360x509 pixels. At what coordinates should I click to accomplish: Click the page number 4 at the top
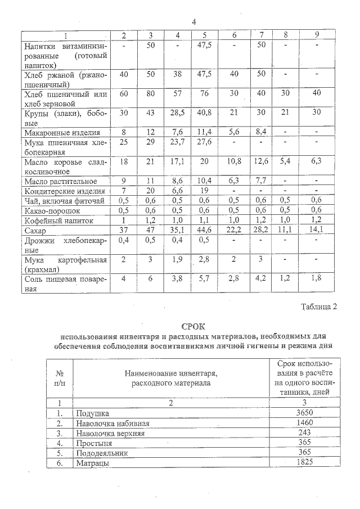click(x=194, y=22)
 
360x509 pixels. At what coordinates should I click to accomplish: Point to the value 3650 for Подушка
click(x=304, y=413)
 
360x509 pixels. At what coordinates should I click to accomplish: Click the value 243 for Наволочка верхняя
click(x=304, y=434)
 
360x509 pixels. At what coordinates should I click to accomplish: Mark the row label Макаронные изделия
click(x=62, y=133)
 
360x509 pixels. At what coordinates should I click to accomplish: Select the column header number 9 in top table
click(x=317, y=35)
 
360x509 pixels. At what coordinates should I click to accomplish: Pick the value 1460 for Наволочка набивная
click(x=304, y=424)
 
